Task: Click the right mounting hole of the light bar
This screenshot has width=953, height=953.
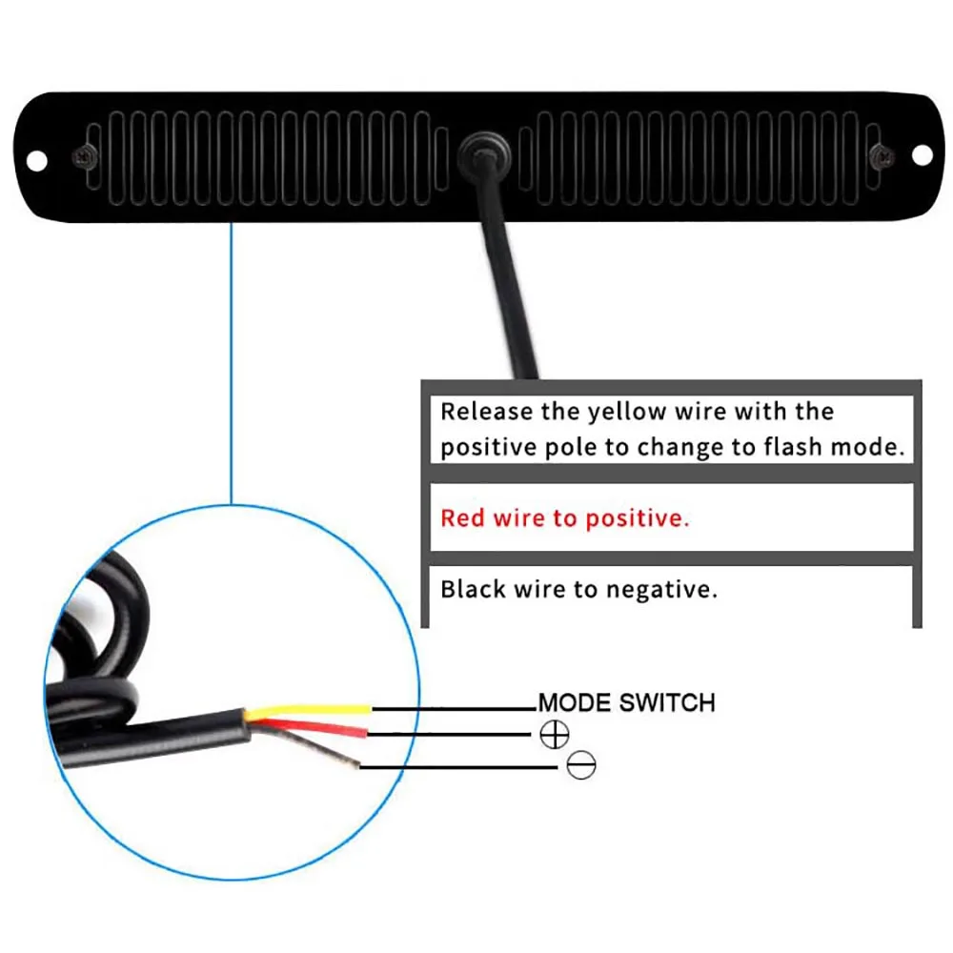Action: pos(921,154)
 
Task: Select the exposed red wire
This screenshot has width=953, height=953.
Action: pos(314,730)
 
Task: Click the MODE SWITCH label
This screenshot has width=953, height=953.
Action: pos(626,703)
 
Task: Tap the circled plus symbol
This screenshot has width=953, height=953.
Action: pos(555,734)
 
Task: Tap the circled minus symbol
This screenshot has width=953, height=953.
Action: pos(580,764)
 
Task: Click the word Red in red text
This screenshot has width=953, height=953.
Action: pos(462,519)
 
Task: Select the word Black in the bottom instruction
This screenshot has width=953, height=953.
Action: pos(473,589)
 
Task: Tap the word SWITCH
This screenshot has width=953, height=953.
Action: pos(666,703)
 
